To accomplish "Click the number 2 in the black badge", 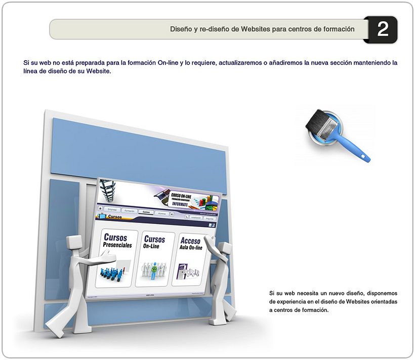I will (383, 29).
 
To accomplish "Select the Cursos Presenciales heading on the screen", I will (116, 240).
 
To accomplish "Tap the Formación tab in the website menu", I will (129, 210).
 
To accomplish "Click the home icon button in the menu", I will (100, 207).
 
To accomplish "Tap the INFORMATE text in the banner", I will (183, 204).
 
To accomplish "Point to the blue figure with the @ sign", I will (152, 271).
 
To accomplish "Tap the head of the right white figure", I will (225, 249).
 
